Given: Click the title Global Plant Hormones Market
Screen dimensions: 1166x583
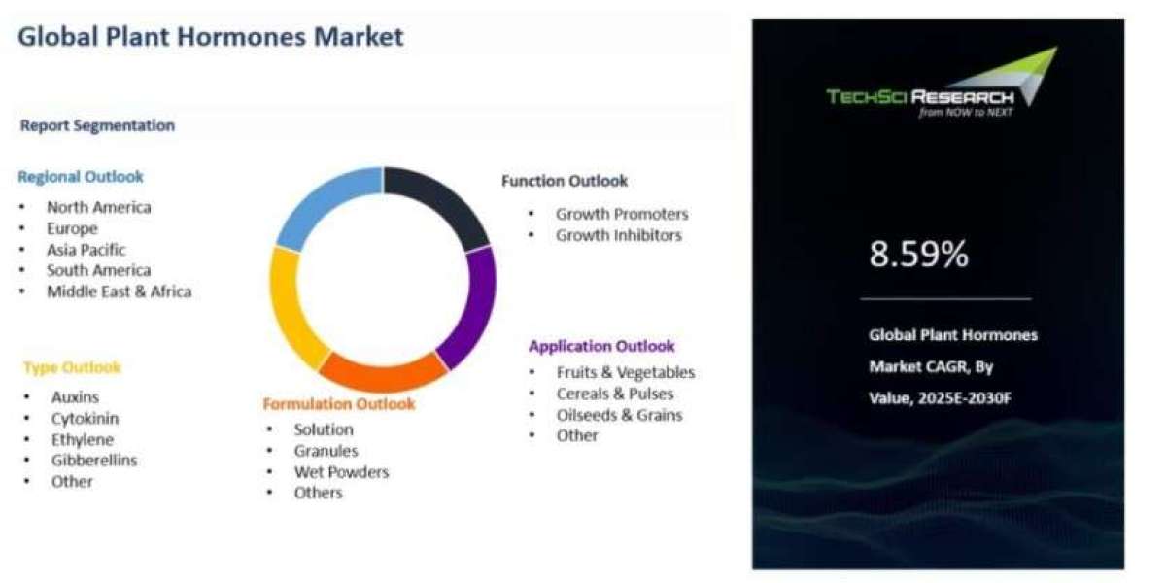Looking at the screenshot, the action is [x=210, y=37].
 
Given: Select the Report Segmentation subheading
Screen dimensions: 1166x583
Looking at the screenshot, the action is [x=97, y=125].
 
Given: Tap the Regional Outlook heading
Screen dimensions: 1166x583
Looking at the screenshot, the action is [x=81, y=177].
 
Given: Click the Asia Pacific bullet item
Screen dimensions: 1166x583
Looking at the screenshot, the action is [x=86, y=250].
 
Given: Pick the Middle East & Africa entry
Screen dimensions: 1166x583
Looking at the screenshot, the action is [x=120, y=291].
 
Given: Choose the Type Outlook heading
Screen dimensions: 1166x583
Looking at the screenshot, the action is [x=72, y=367].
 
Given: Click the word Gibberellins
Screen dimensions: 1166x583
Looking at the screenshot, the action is [x=94, y=461].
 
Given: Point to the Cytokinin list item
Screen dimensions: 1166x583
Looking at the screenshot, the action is [x=85, y=419].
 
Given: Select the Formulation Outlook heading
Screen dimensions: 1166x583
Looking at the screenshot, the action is [x=339, y=404].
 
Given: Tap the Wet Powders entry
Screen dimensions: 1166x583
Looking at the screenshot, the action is [x=341, y=472].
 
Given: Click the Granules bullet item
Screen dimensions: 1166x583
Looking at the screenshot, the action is [x=326, y=451].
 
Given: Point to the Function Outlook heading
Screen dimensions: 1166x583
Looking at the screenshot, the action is [x=565, y=181].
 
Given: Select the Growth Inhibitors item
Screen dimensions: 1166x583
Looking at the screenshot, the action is [x=619, y=235].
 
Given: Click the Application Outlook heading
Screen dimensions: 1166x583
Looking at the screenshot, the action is [x=601, y=346].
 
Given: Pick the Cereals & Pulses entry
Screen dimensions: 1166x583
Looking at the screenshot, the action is [x=615, y=394].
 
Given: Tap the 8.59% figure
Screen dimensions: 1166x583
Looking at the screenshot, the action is [x=919, y=254].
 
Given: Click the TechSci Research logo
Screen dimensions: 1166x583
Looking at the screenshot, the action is [x=943, y=84].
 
